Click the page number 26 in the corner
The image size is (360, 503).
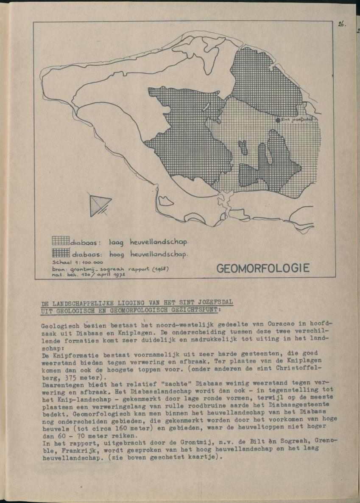(x=342, y=24)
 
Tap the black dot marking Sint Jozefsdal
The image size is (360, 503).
(x=278, y=120)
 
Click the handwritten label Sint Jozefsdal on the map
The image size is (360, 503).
(x=296, y=120)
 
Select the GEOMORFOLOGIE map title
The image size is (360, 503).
(x=263, y=268)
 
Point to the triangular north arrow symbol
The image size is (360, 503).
(x=99, y=204)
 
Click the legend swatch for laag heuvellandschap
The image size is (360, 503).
(x=61, y=241)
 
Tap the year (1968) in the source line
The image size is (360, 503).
(x=172, y=268)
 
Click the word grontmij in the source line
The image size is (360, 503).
(x=81, y=269)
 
